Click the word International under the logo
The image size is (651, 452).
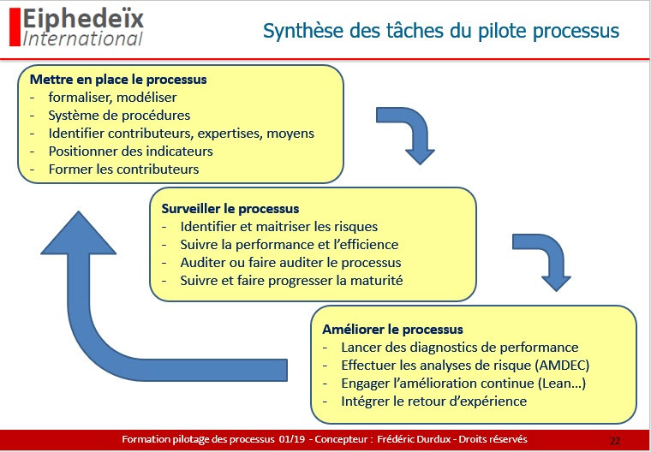(83, 39)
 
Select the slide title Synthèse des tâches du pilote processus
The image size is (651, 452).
(441, 32)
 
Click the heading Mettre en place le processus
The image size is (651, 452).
(118, 79)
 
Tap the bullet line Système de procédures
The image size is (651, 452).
(119, 115)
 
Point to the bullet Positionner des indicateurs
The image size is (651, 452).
(130, 151)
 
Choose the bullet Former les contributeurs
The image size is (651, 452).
(123, 169)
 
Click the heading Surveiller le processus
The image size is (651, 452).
(230, 208)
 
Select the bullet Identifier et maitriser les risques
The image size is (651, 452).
(278, 227)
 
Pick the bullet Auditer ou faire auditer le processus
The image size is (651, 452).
(290, 263)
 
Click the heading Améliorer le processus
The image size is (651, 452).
(392, 329)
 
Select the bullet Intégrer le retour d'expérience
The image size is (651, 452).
(433, 401)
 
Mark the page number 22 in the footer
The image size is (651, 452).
(614, 440)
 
